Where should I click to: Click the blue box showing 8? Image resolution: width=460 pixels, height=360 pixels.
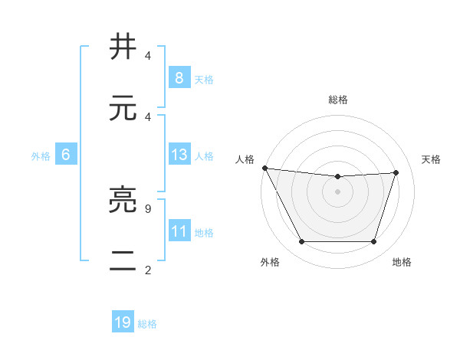[179, 77]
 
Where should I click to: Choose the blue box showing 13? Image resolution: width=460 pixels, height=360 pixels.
[179, 155]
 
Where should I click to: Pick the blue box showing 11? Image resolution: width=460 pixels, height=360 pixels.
[179, 231]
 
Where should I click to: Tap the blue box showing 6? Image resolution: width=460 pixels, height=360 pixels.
[65, 155]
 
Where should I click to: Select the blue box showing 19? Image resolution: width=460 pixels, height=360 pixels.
[123, 322]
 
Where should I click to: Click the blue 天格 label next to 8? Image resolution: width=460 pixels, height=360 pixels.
[204, 79]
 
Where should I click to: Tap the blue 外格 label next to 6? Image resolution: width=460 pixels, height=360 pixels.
[41, 156]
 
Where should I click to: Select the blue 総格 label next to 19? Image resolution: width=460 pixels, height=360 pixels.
[148, 324]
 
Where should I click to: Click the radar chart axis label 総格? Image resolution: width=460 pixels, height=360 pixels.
[337, 100]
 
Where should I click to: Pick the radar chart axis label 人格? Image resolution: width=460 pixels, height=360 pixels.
[245, 159]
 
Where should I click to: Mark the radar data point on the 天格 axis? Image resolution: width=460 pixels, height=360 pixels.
[396, 172]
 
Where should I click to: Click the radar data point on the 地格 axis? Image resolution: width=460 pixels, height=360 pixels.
[373, 242]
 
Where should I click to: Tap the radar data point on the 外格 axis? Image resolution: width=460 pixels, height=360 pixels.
[301, 242]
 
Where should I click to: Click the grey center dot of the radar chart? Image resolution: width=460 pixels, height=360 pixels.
[337, 191]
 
